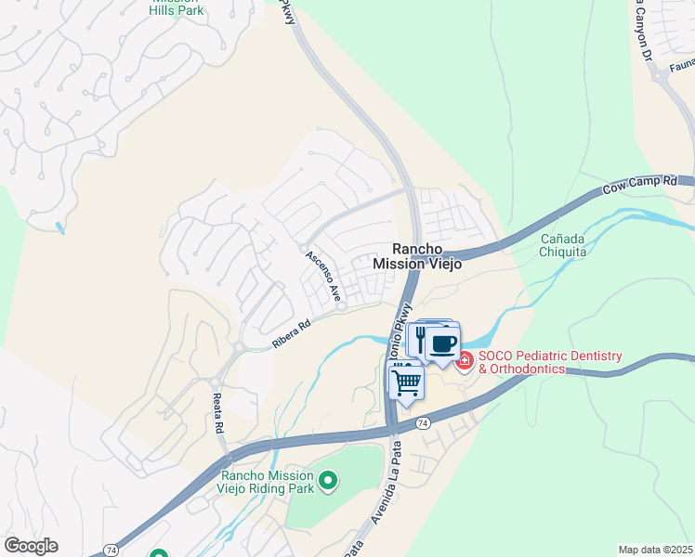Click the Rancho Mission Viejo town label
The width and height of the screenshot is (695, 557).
coord(417,256)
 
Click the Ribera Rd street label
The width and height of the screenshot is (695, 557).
coord(289,335)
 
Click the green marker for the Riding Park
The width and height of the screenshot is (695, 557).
coord(327,480)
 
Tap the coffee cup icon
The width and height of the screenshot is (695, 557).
coord(443,344)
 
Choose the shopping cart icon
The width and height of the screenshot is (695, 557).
coord(406,381)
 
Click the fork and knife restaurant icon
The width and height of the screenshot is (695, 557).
coord(420,339)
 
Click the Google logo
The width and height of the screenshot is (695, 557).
coord(32,546)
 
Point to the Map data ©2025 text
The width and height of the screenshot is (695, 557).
coord(655,550)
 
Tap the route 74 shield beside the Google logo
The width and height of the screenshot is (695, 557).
coord(111,550)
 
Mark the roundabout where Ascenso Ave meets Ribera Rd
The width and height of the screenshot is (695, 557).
coord(342,306)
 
